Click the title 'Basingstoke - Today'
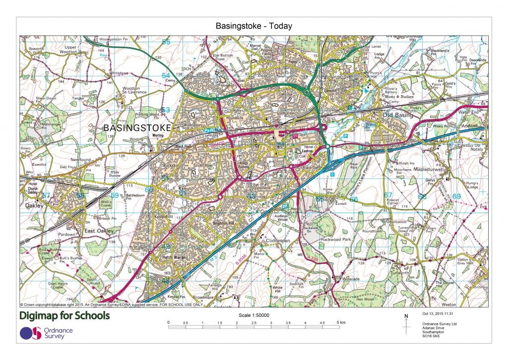coord(254,26)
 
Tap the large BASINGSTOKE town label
coord(137,128)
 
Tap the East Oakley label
coord(99,231)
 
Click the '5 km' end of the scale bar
coord(340,323)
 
